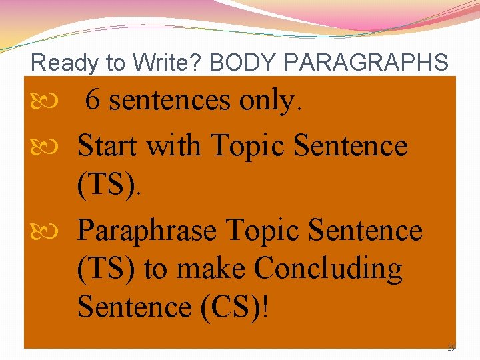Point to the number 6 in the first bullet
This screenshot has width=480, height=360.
93,101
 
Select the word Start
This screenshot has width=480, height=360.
109,145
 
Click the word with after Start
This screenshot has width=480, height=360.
175,145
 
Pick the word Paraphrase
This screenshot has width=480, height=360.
147,231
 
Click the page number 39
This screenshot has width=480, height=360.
451,347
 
